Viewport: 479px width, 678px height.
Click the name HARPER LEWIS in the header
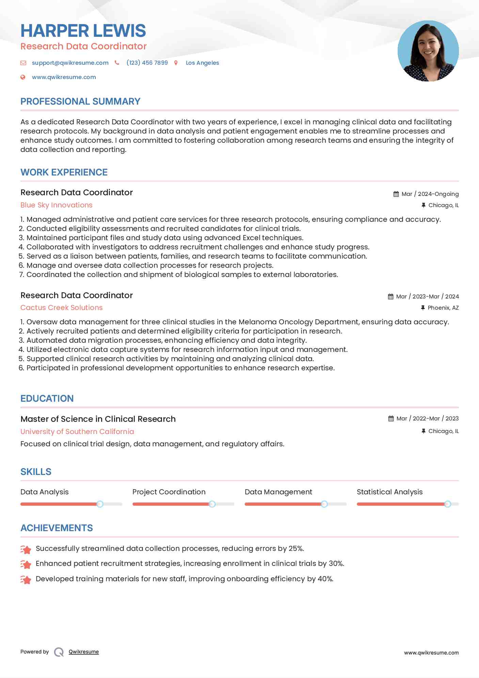click(83, 31)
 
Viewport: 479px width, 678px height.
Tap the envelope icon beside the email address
click(23, 63)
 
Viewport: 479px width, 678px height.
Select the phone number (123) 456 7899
click(147, 63)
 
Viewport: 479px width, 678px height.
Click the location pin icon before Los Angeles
click(176, 63)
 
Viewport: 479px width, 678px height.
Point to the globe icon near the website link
click(23, 77)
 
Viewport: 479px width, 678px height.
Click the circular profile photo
click(428, 51)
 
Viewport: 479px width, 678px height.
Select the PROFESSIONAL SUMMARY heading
click(80, 102)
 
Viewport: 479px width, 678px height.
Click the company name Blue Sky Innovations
click(57, 205)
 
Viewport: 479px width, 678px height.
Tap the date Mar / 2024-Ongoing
click(430, 194)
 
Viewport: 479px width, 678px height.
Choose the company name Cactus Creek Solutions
click(62, 308)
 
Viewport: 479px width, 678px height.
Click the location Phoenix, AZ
click(443, 308)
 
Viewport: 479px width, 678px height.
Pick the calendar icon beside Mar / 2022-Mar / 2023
click(391, 419)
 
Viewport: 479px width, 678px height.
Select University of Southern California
click(77, 432)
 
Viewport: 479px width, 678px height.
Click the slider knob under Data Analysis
click(100, 504)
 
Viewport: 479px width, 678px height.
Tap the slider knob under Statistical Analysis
click(448, 504)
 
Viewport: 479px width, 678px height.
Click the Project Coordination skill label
click(169, 492)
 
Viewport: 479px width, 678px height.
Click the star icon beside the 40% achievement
click(26, 580)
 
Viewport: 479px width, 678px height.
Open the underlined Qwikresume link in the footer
click(84, 652)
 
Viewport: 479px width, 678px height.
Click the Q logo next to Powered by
click(59, 652)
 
